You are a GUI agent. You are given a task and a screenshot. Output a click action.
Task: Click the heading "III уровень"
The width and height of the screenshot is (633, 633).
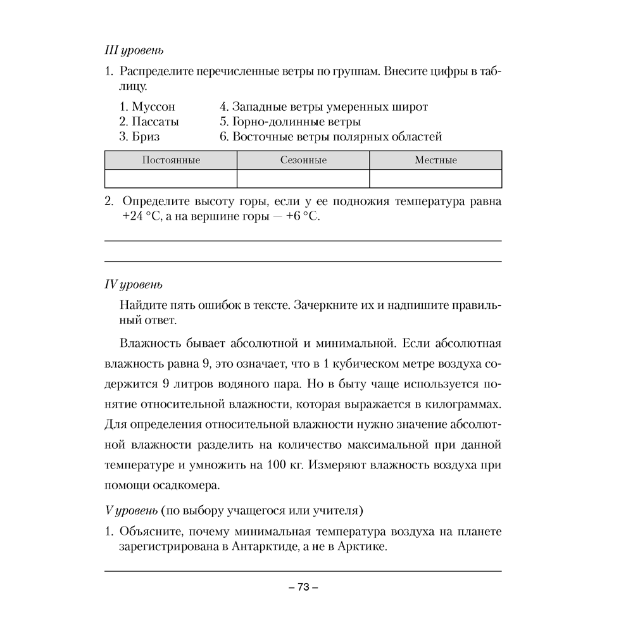(x=134, y=50)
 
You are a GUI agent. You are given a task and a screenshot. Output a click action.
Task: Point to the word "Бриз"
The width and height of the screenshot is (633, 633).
(x=146, y=136)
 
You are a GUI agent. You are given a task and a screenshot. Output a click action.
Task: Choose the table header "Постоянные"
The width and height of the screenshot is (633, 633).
(x=171, y=160)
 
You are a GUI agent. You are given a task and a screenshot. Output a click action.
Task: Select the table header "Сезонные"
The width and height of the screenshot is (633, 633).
(x=303, y=160)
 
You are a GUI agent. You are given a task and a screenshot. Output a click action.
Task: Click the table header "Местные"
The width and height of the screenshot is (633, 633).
(x=436, y=160)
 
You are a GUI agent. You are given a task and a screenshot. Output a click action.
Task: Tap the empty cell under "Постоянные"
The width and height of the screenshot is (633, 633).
(x=171, y=179)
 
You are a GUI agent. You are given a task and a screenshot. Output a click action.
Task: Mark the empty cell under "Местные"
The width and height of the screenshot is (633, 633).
(x=436, y=179)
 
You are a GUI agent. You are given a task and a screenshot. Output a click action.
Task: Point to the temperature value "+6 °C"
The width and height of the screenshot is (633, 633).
(x=303, y=217)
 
